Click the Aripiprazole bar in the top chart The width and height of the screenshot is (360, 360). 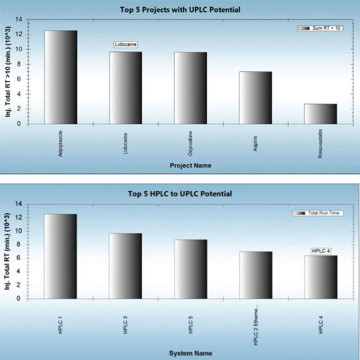[61, 77]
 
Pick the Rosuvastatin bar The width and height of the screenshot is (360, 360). [320, 114]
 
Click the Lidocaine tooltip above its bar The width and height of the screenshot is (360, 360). [126, 45]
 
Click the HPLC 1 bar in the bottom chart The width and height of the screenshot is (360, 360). [61, 256]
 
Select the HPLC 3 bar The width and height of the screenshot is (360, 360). [126, 266]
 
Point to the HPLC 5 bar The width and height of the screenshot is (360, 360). [190, 269]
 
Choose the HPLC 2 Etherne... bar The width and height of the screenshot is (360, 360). [255, 275]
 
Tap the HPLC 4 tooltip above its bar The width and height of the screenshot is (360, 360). [321, 250]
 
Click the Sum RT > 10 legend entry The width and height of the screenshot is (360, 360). [320, 27]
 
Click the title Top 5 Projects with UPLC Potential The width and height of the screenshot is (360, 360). [180, 10]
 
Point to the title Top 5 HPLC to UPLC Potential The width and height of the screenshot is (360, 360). [180, 194]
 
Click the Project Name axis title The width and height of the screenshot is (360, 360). [190, 166]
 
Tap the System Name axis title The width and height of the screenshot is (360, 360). [190, 353]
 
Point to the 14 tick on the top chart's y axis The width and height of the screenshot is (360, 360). [20, 19]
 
